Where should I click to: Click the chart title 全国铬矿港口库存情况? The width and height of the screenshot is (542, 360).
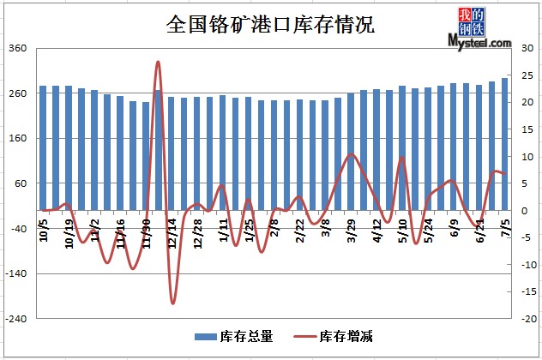pos(270,23)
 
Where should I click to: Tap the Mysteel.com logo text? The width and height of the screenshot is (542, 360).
pos(479,41)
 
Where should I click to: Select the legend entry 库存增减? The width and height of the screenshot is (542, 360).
pos(346,336)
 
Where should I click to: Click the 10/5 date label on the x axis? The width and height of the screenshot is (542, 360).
pos(44,231)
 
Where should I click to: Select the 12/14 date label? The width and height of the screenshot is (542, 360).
pos(172,234)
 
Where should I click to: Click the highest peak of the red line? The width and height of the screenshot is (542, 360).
pos(158,62)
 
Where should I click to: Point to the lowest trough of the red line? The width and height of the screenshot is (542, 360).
pos(172,303)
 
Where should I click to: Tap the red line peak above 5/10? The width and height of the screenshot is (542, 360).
pos(402,158)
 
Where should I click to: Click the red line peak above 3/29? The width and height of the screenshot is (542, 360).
pos(351,154)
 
